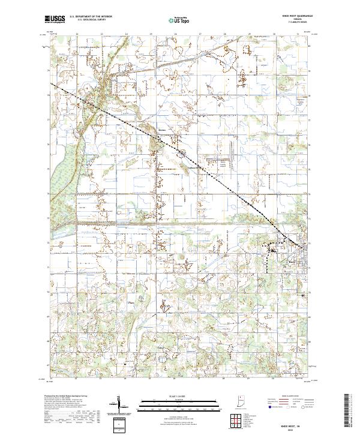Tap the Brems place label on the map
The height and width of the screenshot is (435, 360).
tap(161, 128)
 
